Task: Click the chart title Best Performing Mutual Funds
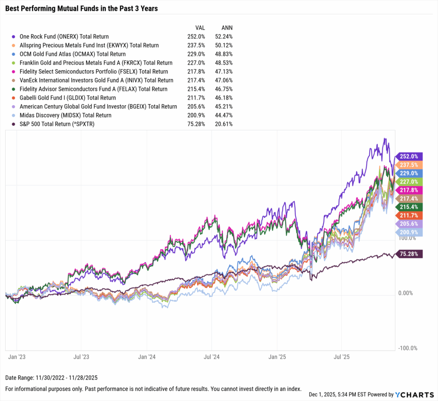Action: (81, 9)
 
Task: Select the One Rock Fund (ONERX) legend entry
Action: (64, 37)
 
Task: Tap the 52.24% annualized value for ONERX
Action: (223, 37)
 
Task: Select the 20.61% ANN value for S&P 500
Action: (223, 124)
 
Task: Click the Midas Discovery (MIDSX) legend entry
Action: (65, 115)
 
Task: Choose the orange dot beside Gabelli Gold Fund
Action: (15, 98)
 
